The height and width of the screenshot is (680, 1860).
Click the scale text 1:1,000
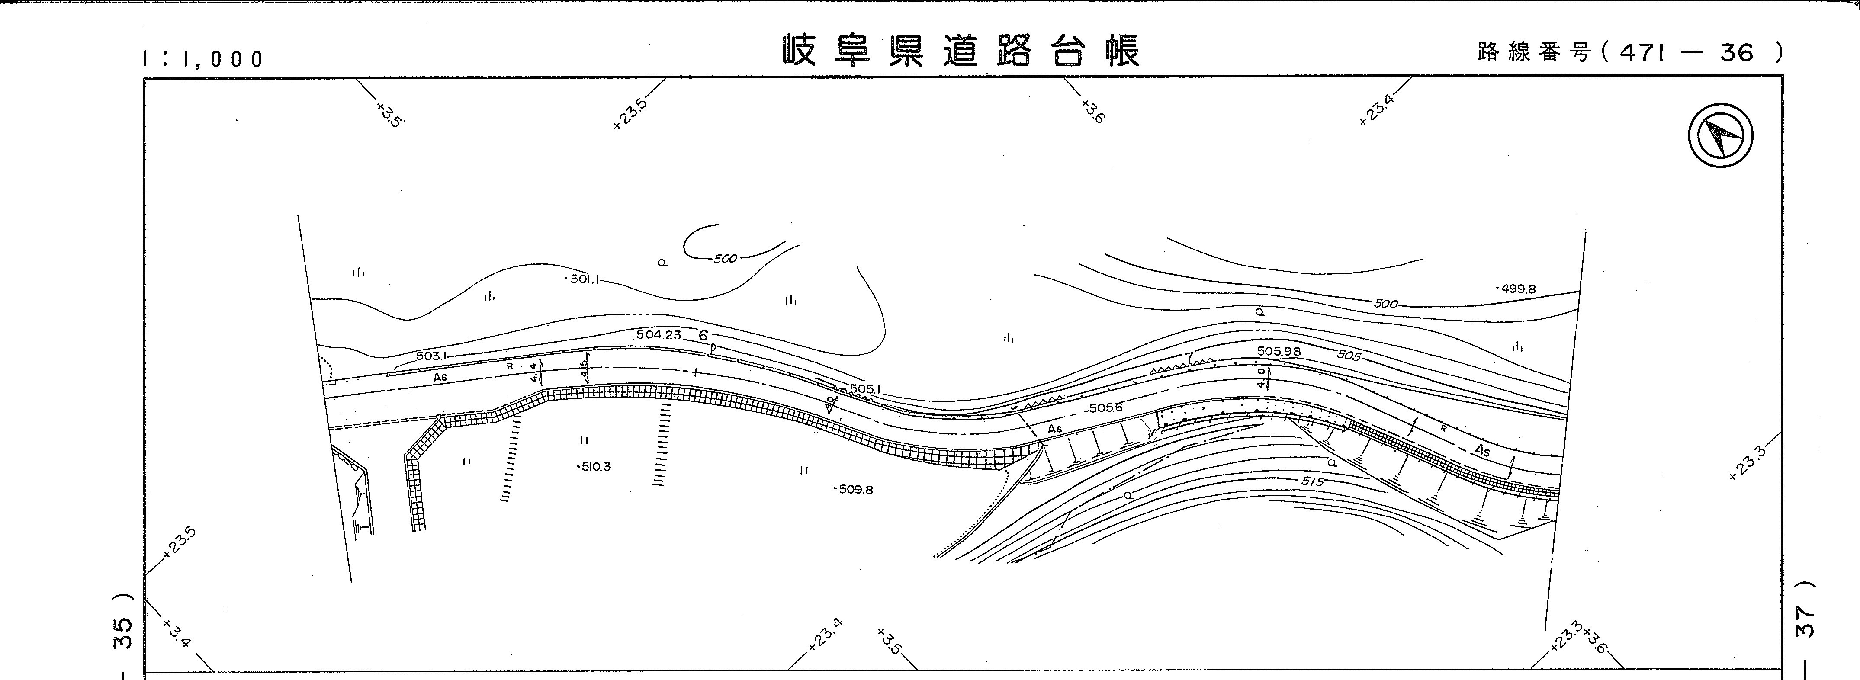tap(204, 58)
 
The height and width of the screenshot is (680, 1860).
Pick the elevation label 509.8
tap(856, 489)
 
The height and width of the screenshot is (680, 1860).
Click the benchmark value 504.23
tap(659, 335)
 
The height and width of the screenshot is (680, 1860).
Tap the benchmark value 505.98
tap(1279, 352)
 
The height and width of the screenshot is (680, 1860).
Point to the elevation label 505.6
tap(1105, 408)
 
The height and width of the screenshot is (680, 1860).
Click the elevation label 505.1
tap(865, 389)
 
